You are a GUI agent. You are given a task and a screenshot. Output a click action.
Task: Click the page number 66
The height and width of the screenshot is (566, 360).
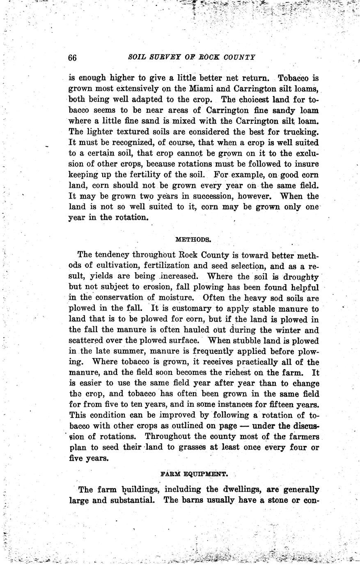[72, 57]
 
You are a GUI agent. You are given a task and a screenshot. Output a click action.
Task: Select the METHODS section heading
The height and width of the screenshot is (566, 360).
[193, 239]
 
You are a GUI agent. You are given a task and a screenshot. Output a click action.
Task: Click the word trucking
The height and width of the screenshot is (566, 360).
[300, 132]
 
